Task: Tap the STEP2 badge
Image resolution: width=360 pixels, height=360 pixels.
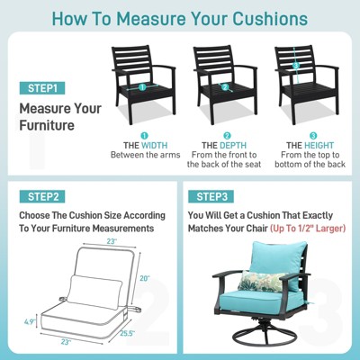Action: pyautogui.click(x=42, y=195)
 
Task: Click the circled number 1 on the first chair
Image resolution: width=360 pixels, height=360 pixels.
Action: pyautogui.click(x=141, y=88)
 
